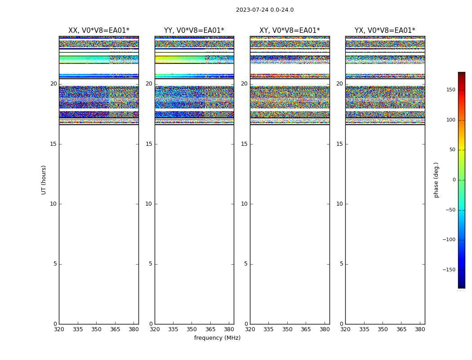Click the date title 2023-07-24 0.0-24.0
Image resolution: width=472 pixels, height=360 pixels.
(x=265, y=10)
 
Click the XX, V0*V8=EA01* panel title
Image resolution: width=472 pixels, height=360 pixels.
(x=98, y=31)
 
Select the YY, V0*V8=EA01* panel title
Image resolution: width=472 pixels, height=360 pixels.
(x=194, y=31)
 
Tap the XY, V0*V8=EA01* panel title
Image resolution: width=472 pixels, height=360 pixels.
(x=289, y=31)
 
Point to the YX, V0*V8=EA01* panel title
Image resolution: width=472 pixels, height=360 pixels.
(x=385, y=31)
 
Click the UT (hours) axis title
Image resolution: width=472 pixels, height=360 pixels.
(x=44, y=180)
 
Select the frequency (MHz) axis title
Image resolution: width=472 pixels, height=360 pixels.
(x=217, y=338)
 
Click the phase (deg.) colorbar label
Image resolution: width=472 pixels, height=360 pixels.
(x=436, y=180)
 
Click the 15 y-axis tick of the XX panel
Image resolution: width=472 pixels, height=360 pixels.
(x=53, y=144)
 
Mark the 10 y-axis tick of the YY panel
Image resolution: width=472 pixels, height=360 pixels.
(x=149, y=204)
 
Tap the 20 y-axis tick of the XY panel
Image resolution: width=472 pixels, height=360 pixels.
(x=244, y=84)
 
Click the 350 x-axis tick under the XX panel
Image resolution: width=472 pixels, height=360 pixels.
(x=96, y=329)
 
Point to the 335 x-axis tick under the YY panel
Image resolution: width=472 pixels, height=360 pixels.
(x=173, y=329)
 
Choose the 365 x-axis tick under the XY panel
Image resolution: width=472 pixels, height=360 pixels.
(x=306, y=329)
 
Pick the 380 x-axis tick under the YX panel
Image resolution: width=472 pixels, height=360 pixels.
(x=420, y=329)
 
